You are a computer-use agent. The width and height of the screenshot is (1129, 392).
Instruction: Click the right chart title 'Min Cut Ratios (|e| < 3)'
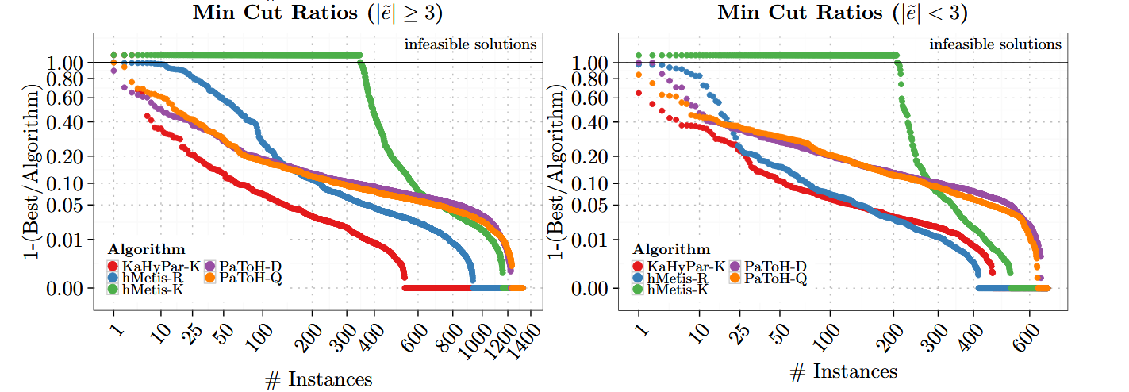(x=843, y=13)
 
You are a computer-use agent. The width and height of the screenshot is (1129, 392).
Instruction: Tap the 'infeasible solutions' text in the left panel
(x=470, y=44)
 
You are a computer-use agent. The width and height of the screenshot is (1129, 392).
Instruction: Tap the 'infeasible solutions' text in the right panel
(x=995, y=44)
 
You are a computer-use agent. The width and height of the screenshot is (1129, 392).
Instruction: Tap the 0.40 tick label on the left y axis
(x=67, y=122)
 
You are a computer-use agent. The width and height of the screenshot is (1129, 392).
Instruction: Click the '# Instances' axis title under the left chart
(x=317, y=379)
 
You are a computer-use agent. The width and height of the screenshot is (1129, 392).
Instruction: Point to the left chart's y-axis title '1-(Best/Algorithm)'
(x=29, y=171)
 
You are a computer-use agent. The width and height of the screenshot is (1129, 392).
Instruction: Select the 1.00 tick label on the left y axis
(x=67, y=62)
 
